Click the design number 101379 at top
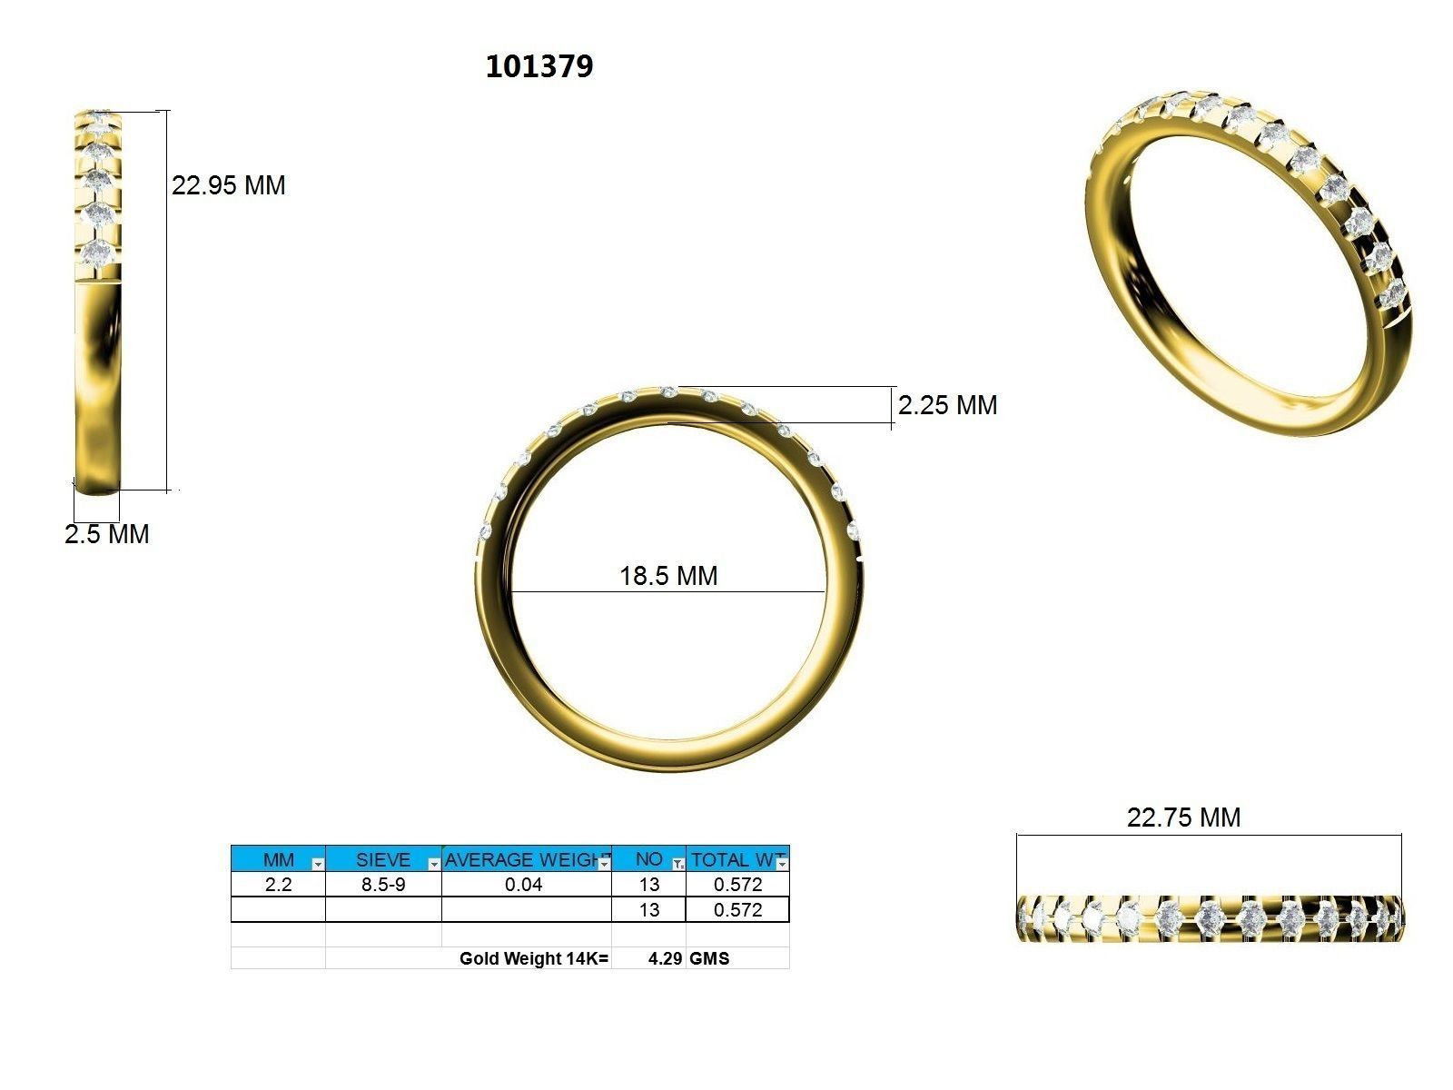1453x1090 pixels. [539, 66]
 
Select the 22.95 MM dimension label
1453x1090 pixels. [229, 185]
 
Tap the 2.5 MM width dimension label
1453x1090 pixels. [107, 534]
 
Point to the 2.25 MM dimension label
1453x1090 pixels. [947, 405]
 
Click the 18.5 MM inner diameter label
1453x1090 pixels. [668, 576]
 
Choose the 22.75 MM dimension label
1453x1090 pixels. [1183, 817]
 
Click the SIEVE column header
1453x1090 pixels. [382, 859]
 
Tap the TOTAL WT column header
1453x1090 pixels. [732, 859]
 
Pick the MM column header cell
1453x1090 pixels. [278, 859]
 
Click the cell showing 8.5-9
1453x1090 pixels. [383, 885]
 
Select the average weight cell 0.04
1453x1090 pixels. [524, 885]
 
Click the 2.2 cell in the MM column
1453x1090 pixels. [278, 885]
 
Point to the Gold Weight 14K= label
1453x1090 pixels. [534, 958]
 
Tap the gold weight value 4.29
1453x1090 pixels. [665, 958]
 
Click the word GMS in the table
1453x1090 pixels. [709, 958]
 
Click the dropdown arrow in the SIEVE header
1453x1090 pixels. [433, 864]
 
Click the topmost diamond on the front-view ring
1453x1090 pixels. [669, 391]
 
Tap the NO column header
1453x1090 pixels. [648, 859]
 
